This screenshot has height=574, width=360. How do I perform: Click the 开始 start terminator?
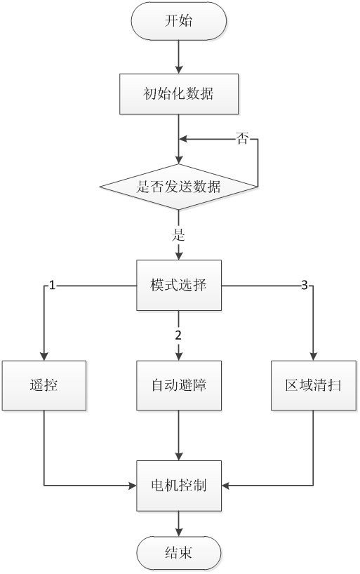coord(178,22)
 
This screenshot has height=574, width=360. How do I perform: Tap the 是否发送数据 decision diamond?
coord(178,187)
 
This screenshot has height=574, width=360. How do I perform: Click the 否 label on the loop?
coord(241,139)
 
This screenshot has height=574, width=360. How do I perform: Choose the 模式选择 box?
coord(178,286)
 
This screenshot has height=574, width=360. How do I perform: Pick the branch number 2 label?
coord(178,333)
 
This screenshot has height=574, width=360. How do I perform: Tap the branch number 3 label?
coord(304,286)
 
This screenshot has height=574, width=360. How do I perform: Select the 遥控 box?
coord(44,385)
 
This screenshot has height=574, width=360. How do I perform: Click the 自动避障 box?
coord(178,385)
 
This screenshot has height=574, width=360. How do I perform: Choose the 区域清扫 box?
coord(313,385)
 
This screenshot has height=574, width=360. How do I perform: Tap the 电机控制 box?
coord(178,484)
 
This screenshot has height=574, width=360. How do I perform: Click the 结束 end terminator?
coord(178,554)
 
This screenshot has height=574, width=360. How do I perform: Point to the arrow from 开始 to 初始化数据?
coord(178,56)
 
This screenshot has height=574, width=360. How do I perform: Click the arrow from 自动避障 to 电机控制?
coord(178,435)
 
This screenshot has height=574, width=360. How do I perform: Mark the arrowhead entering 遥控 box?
coord(44,356)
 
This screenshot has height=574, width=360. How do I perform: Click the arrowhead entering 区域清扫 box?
coord(313,356)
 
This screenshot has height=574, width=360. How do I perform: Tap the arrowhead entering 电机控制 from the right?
coord(226,484)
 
